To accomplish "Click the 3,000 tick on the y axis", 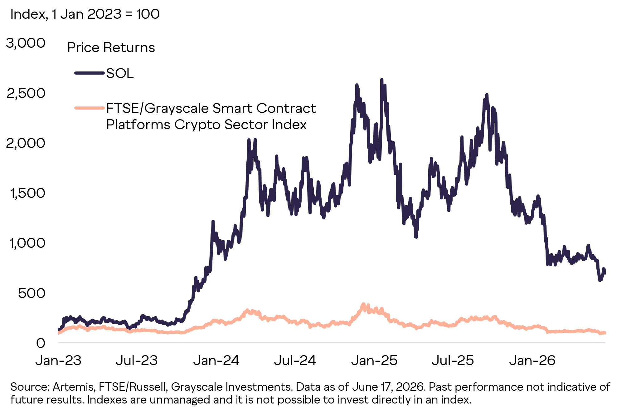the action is tap(26, 43).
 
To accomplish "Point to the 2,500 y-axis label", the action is tap(26, 93).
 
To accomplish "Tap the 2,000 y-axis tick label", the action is tap(26, 143).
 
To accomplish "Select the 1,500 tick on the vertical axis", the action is tap(28, 193).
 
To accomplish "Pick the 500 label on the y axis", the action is tap(32, 293).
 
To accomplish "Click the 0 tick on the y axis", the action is tap(41, 343).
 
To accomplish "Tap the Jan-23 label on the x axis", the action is tap(58, 360).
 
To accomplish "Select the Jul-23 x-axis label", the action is tap(137, 360).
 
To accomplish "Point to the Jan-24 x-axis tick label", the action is tap(216, 360).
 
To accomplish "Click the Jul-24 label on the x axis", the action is tap(295, 360).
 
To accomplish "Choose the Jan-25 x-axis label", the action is tap(374, 360).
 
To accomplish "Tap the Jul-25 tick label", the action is tap(453, 360).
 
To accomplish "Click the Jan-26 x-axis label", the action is tap(532, 360).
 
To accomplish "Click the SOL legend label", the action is tap(120, 73).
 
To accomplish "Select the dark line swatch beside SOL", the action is tap(90, 73).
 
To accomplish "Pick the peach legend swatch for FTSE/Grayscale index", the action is tap(90, 108).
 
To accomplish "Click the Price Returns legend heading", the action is tap(111, 47).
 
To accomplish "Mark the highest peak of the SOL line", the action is tap(381, 80).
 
